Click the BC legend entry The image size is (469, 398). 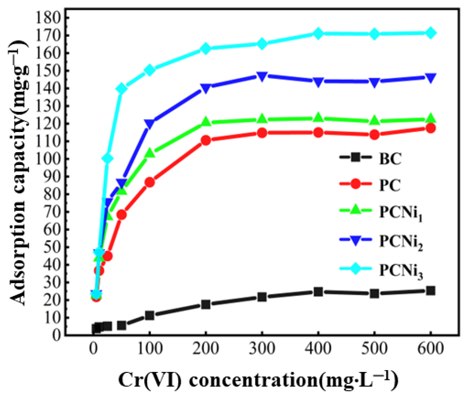[390, 159]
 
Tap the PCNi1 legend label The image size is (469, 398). [400, 213]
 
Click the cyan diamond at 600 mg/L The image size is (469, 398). [431, 33]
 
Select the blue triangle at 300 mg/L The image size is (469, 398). [262, 76]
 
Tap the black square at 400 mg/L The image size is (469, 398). [318, 292]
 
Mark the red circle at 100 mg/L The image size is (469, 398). [150, 182]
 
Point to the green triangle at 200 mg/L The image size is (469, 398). [206, 122]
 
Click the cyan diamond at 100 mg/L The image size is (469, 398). [150, 70]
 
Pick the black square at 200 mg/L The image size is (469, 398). [206, 304]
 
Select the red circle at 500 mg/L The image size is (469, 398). [374, 135]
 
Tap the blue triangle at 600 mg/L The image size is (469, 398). [431, 78]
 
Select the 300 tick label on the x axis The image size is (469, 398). [262, 349]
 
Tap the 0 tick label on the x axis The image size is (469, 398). [93, 349]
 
